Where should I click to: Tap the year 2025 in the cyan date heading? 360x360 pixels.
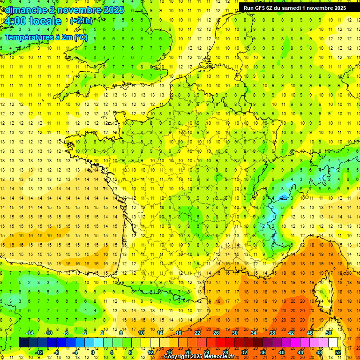113,10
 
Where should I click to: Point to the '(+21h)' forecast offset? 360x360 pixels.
81,21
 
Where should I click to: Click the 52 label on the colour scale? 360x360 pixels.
338,352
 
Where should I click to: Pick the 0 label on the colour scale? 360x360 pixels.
93,352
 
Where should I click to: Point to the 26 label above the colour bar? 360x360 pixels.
216,333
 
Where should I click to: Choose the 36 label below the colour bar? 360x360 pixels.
262,352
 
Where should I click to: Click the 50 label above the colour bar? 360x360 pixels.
329,333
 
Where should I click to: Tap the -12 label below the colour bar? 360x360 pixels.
39,352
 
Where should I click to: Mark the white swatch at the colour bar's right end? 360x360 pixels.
333,343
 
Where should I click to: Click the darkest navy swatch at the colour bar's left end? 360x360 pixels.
23,343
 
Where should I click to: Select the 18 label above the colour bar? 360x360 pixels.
179,333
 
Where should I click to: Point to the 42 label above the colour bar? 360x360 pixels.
291,333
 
